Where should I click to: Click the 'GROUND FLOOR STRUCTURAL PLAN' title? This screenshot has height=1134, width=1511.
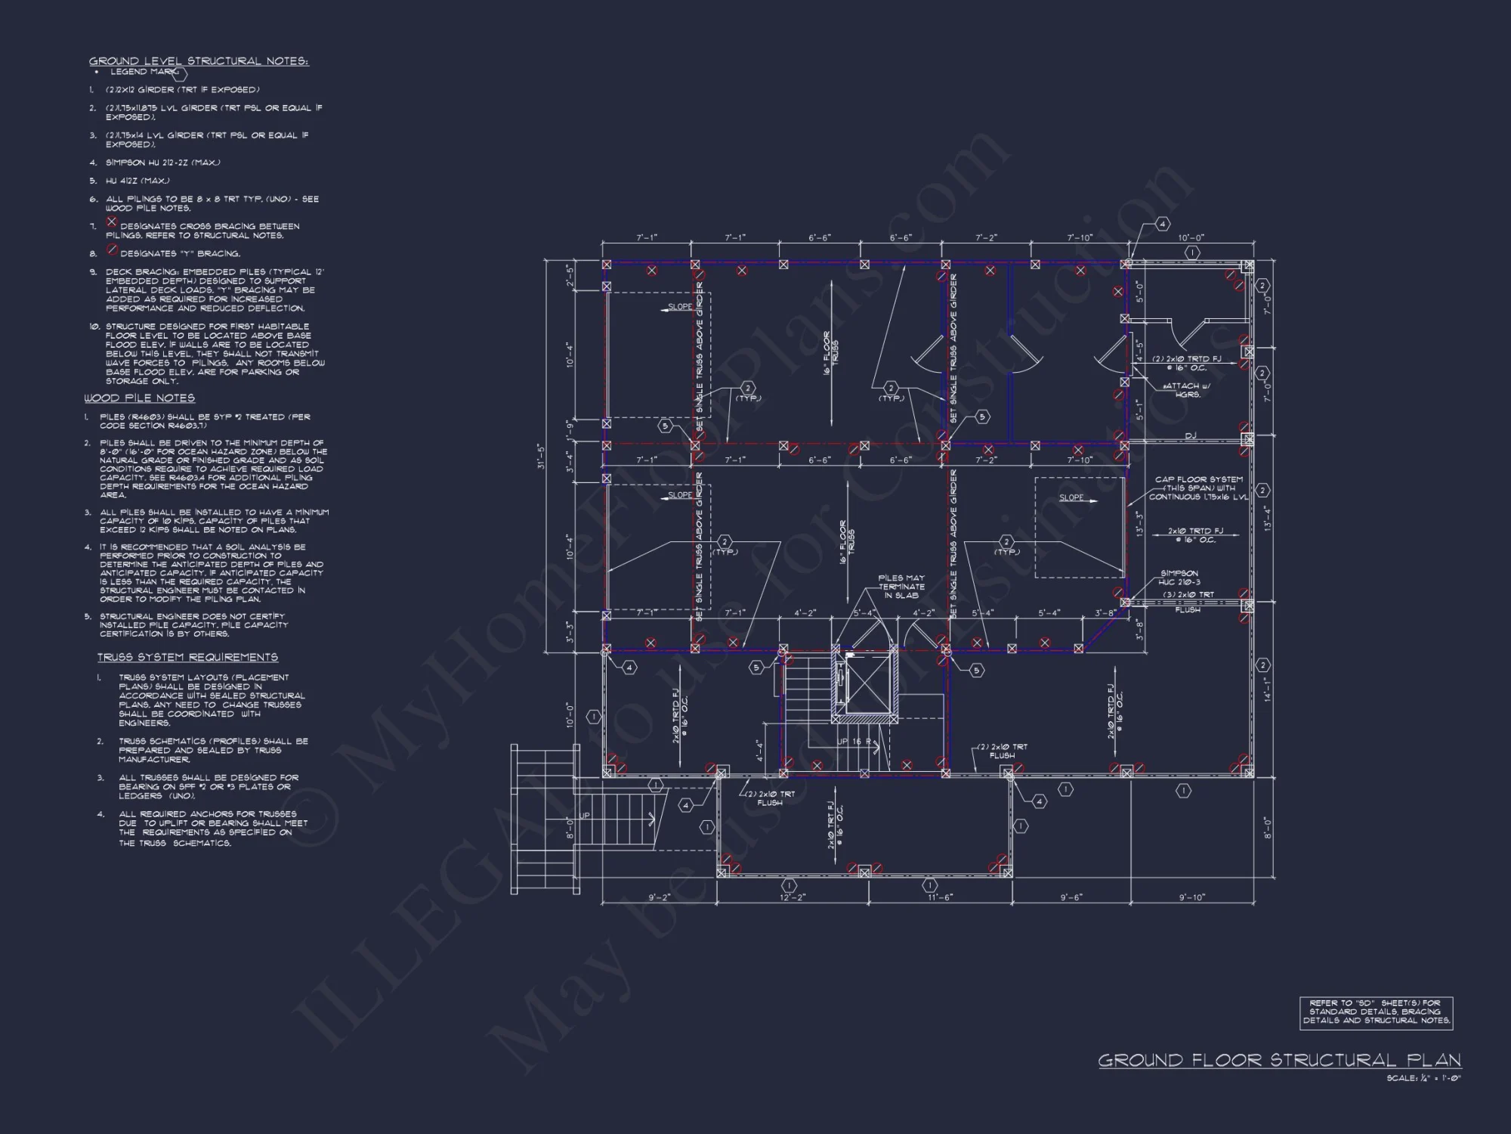click(1279, 1060)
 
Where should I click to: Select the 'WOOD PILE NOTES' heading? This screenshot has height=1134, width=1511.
click(140, 398)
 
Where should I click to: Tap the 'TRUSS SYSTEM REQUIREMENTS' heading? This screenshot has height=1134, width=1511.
click(187, 657)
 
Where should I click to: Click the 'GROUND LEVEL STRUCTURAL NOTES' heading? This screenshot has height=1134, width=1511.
click(199, 61)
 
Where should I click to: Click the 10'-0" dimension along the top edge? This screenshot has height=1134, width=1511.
click(1191, 238)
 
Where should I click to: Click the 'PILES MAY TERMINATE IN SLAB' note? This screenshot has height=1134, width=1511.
click(901, 587)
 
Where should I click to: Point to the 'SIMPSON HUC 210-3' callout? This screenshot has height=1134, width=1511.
click(1179, 578)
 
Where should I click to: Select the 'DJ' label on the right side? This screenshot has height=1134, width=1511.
click(1191, 435)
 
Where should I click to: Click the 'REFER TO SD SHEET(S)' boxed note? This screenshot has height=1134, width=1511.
click(1376, 1012)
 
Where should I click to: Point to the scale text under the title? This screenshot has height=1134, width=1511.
click(1423, 1079)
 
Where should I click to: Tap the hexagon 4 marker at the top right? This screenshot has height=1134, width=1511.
click(1163, 224)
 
